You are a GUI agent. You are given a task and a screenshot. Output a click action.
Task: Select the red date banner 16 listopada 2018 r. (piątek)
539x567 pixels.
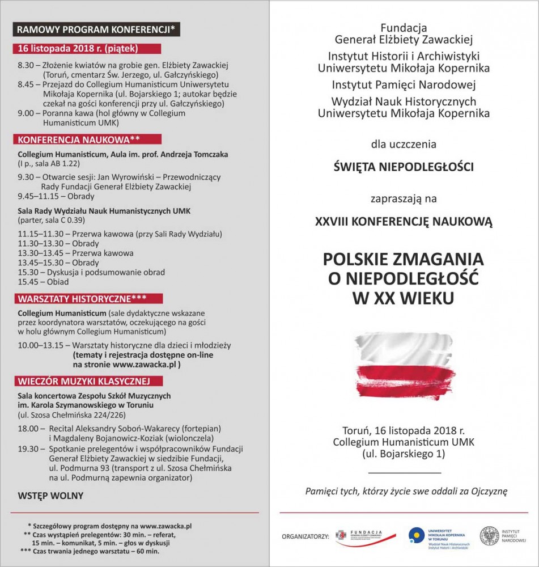coord(77,48)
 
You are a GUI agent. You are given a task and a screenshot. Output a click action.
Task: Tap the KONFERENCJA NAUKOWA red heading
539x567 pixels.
coord(79,139)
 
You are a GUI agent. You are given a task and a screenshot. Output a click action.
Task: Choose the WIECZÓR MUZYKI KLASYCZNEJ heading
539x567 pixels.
coord(83,380)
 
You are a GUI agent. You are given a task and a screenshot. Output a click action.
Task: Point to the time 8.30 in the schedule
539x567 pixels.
coord(26,65)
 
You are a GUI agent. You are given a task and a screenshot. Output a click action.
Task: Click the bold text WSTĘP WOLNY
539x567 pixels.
coord(50,496)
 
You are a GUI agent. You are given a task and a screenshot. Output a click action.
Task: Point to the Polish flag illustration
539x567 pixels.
coord(405,366)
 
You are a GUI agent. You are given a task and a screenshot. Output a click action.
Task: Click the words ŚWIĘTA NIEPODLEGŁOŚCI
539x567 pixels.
coord(402,167)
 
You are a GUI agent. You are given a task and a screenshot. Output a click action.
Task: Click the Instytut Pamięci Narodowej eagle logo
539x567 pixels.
coord(489,536)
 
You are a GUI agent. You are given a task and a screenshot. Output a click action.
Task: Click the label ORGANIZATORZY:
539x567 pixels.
coord(305,536)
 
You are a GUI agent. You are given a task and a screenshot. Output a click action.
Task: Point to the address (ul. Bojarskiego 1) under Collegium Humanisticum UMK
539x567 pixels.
coord(404,454)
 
